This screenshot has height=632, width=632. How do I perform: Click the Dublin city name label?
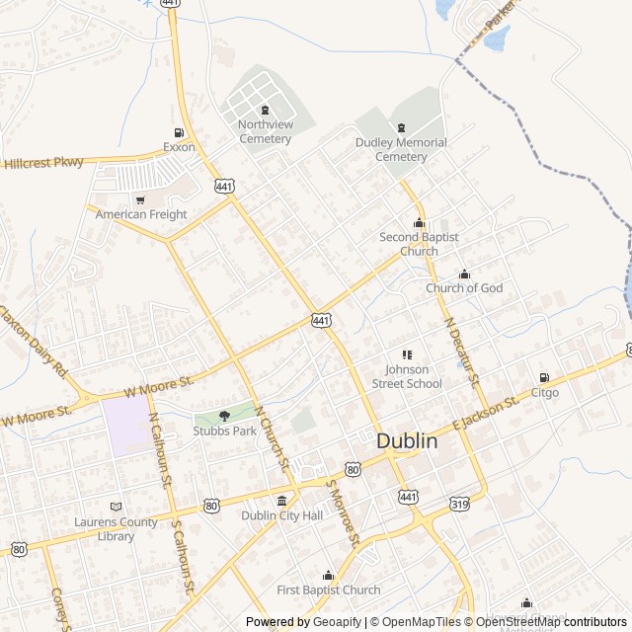[x=407, y=441]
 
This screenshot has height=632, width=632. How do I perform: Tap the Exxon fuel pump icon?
[x=179, y=132]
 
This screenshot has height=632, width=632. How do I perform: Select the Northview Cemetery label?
[x=265, y=131]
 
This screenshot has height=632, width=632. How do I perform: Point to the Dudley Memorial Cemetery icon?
[x=401, y=127]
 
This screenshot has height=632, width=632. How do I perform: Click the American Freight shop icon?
[x=140, y=200]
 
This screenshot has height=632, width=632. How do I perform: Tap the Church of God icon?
[x=464, y=275]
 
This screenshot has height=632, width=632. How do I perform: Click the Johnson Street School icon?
[x=407, y=355]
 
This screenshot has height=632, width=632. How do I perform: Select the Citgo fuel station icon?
[x=544, y=378]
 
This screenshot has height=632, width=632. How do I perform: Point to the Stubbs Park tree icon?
[x=224, y=417]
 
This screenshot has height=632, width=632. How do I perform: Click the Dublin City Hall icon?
[x=282, y=501]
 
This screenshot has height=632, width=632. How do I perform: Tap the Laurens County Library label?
[x=117, y=529]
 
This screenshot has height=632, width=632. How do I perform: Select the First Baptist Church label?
[x=328, y=590]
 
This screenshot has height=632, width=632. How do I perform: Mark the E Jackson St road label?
[x=485, y=412]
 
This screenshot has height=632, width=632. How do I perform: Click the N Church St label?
[x=272, y=437]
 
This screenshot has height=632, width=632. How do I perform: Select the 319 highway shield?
[x=459, y=504]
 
